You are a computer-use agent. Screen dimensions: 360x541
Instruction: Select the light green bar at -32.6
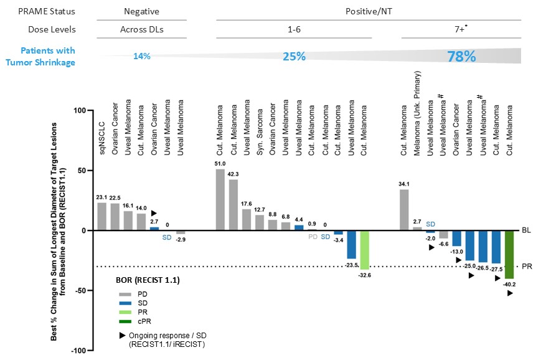point(365,250)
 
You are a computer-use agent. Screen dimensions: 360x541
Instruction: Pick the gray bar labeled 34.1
point(404,210)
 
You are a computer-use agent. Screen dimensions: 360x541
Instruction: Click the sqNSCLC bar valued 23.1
point(101,216)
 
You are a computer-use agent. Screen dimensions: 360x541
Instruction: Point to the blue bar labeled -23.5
point(351,244)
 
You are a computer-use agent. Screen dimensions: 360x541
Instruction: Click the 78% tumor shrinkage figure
point(461,57)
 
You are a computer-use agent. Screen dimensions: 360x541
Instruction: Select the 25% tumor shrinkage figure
point(294,57)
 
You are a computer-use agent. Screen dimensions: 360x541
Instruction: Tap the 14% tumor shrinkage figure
point(141,57)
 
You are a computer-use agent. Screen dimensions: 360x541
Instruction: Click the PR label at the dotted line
point(527,267)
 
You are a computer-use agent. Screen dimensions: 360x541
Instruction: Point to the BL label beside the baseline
point(527,230)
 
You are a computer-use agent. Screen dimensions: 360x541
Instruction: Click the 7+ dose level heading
point(460,29)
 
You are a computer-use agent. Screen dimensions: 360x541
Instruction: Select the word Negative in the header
point(141,11)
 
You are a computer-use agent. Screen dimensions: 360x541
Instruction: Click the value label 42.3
point(233,174)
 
